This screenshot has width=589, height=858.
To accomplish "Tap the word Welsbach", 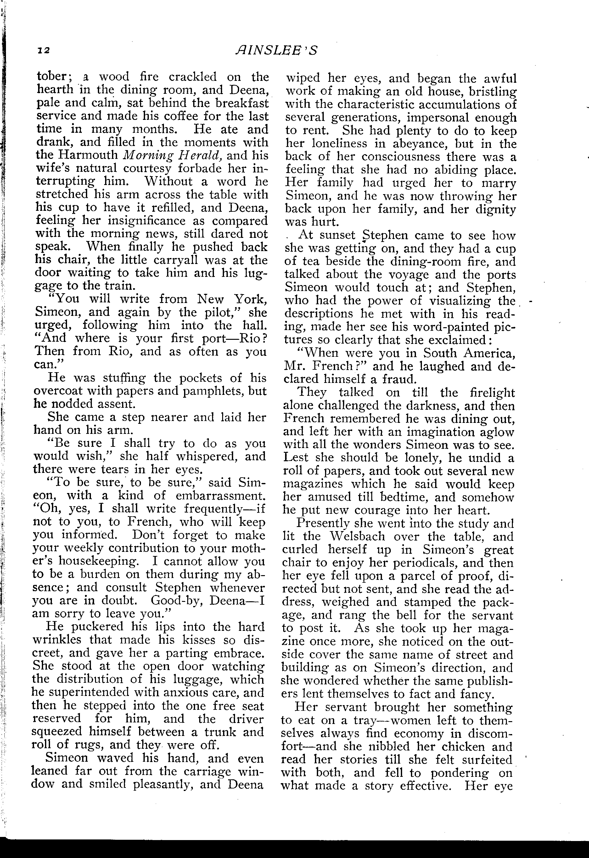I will [357, 536].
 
